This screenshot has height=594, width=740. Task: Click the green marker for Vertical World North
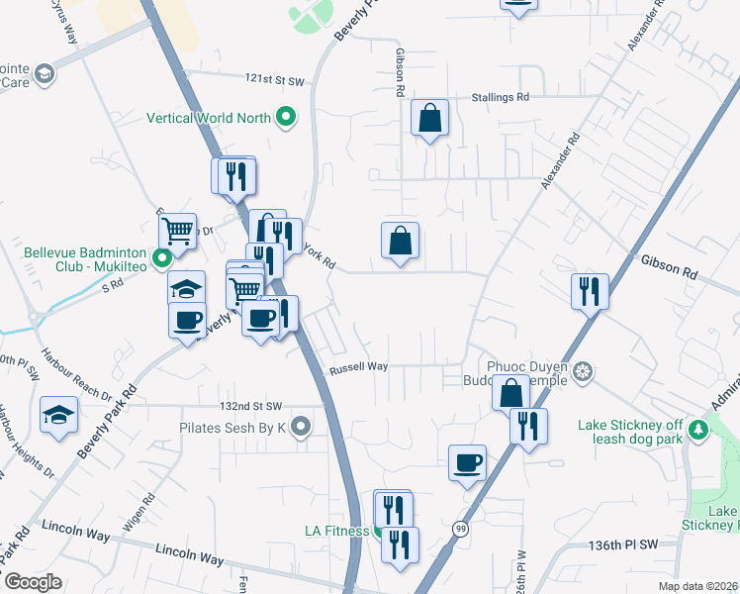point(287,118)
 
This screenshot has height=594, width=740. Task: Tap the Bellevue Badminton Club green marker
point(163,253)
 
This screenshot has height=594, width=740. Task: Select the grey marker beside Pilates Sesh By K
point(302,428)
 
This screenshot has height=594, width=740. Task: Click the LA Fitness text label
point(335,531)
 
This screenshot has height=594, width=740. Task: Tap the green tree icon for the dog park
point(699,429)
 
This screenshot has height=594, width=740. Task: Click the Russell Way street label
point(358,366)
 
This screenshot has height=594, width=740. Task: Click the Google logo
point(33,582)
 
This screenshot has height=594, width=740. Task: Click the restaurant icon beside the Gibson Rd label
point(591,291)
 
